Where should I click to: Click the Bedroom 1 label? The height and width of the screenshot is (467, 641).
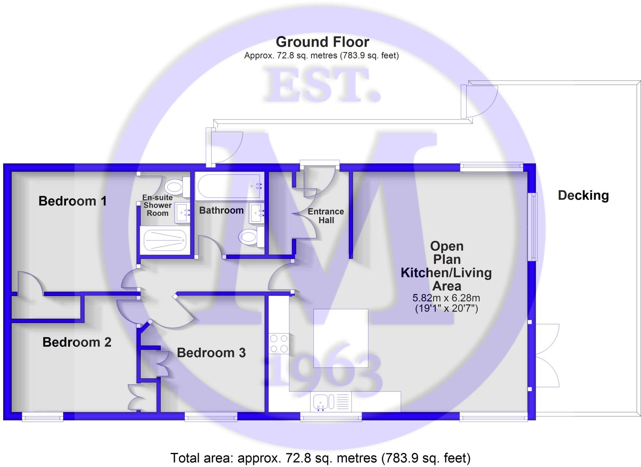[72, 201]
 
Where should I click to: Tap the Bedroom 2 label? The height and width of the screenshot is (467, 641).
[77, 342]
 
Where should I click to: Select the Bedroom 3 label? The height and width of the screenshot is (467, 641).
[211, 353]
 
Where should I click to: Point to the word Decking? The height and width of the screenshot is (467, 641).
[583, 195]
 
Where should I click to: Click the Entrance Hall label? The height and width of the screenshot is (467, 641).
[326, 216]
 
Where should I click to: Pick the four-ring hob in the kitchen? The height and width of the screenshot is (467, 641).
[279, 344]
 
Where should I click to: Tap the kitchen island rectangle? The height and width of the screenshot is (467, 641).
[341, 338]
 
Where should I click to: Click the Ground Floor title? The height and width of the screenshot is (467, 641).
[322, 42]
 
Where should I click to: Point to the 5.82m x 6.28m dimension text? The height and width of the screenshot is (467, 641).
[446, 298]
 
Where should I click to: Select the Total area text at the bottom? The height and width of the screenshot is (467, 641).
[320, 458]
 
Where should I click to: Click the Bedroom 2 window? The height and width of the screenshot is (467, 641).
[43, 417]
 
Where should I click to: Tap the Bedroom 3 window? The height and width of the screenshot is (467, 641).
[211, 417]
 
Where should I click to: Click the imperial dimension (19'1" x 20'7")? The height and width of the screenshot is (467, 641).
[446, 308]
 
